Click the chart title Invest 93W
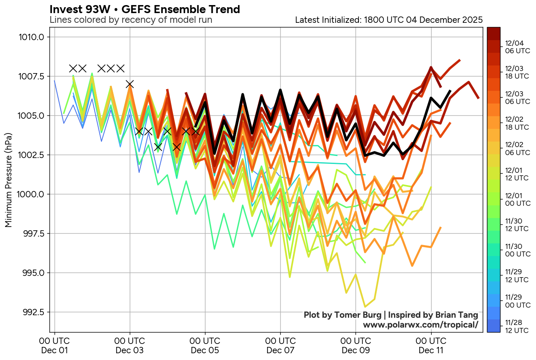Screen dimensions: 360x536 coord(145,9)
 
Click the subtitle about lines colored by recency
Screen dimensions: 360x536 coord(131,20)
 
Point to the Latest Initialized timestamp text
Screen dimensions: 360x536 coord(388,20)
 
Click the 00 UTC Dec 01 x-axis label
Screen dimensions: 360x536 coord(55,345)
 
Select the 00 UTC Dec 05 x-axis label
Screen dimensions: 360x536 coord(205,345)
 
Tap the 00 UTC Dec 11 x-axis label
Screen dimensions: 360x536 coord(431,345)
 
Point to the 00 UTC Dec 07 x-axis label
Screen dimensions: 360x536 coord(280,345)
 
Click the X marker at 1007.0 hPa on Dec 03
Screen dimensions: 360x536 coord(130,84)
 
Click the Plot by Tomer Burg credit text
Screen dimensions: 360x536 coord(391,315)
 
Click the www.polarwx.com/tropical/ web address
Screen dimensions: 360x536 coord(420,325)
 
